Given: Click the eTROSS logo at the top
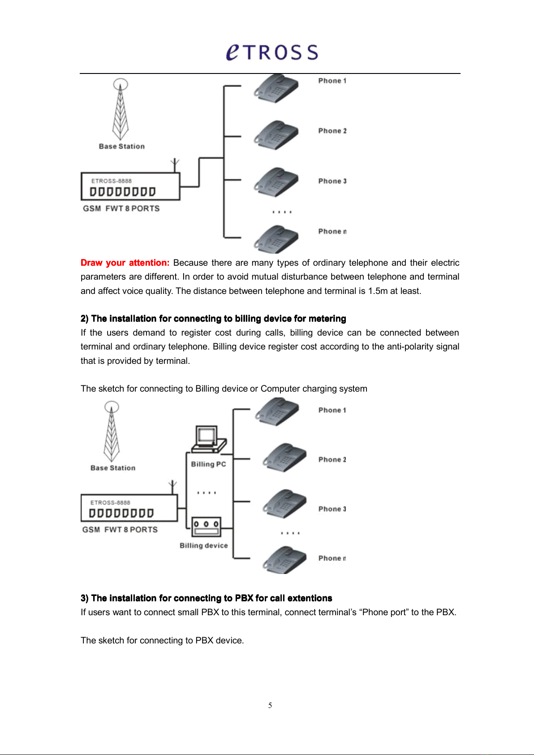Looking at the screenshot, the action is coord(272,52).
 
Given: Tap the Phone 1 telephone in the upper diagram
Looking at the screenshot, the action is coord(276,88).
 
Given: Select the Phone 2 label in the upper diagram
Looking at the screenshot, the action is coord(332,131).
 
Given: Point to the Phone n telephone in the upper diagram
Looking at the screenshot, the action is coord(276,239).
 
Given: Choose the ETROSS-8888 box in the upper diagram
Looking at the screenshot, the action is coord(130,186).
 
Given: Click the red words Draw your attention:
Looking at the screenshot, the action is coord(125,263).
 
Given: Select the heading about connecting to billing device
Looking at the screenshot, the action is coord(213,319).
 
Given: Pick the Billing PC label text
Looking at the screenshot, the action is coord(209,464).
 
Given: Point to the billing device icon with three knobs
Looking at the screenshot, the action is coord(206,527).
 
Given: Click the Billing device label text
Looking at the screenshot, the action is coord(203,545).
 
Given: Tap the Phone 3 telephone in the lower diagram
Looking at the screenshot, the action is coord(284,504).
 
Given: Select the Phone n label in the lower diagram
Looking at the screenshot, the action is coord(332,558).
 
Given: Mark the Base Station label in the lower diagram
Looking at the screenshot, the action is coord(113,468).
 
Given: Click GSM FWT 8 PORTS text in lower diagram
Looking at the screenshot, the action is coord(120,530).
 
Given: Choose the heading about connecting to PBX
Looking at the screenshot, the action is coord(206,598).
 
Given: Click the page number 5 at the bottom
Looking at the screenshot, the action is coord(270,705).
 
